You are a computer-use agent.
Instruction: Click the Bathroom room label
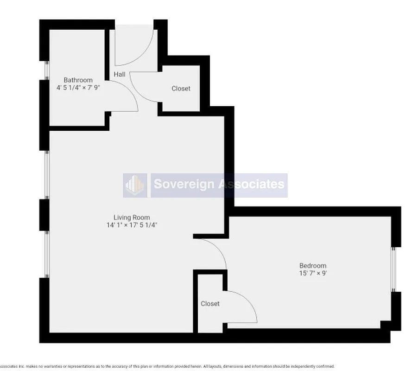click(78, 80)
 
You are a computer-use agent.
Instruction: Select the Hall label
click(119, 74)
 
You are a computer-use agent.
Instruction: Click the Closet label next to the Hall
click(181, 89)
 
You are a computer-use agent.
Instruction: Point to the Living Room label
click(132, 217)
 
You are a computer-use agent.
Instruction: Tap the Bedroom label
click(313, 265)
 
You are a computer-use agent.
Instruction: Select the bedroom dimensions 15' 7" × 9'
click(313, 273)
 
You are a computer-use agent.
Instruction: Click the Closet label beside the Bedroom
click(210, 304)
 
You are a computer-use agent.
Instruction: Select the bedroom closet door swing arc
click(248, 301)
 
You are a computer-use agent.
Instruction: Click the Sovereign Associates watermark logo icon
click(135, 185)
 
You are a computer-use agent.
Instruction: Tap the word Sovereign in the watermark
click(184, 184)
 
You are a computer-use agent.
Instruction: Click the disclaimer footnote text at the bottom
click(167, 366)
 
